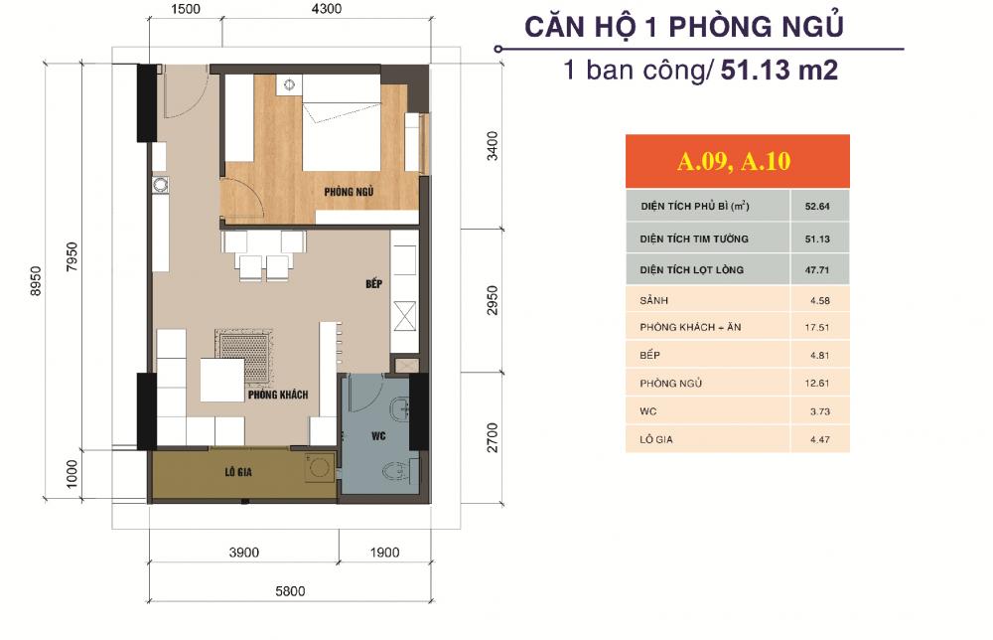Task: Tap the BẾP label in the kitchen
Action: [373, 284]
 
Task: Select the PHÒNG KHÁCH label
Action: [278, 395]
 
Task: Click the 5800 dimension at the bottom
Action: [289, 591]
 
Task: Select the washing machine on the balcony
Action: [318, 467]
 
